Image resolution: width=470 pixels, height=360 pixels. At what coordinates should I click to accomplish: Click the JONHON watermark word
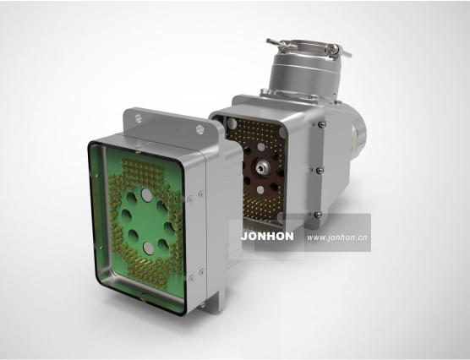click(x=267, y=237)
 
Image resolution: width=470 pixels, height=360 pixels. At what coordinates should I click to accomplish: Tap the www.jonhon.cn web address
click(x=337, y=237)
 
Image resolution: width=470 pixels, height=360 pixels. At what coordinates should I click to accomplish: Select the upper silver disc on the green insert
click(x=146, y=195)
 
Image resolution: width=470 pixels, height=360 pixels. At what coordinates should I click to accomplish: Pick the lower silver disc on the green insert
click(x=148, y=248)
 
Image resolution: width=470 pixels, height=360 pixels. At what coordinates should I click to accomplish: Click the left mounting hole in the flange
click(x=138, y=117)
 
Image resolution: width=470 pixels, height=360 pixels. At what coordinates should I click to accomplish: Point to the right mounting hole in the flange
click(x=199, y=129)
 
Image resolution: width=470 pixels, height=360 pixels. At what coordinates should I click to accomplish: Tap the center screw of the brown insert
click(x=262, y=165)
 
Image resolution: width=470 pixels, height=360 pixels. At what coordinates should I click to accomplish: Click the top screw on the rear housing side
click(x=321, y=123)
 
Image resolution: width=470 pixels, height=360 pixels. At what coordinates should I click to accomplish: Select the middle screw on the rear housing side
click(x=320, y=170)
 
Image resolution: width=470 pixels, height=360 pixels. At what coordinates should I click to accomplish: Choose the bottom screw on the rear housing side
click(x=318, y=215)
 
